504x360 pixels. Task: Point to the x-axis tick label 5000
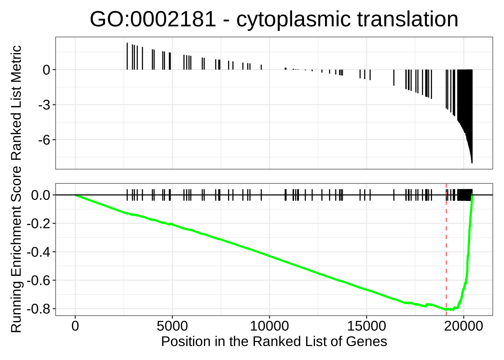[x=172, y=326]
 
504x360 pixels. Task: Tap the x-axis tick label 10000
[x=269, y=326]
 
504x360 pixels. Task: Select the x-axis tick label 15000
[x=366, y=326]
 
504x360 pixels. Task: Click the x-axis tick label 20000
[x=463, y=326]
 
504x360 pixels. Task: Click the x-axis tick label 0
[x=75, y=326]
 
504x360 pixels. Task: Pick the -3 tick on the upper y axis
[x=44, y=105]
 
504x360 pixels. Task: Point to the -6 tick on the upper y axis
[x=44, y=140]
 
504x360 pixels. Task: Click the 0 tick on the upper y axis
[x=46, y=70]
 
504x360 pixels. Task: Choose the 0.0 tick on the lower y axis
[x=40, y=195]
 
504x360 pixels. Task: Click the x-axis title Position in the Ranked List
[x=274, y=342]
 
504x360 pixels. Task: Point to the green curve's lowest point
[x=447, y=310]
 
